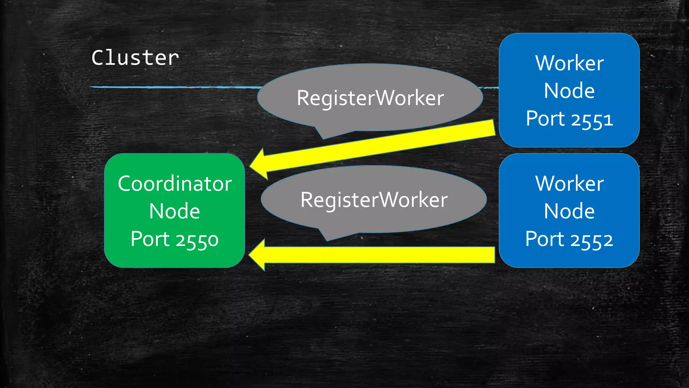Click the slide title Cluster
[x=135, y=58]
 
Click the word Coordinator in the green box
[x=175, y=184]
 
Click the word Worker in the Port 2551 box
[x=569, y=63]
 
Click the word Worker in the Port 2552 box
[x=569, y=184]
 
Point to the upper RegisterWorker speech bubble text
[x=370, y=98]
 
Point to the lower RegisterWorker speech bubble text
[x=374, y=200]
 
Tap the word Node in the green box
[x=175, y=212]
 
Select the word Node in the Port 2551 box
[x=569, y=91]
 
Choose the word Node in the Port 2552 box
[x=569, y=212]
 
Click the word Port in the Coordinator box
[x=150, y=239]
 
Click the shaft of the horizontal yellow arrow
[x=380, y=255]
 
